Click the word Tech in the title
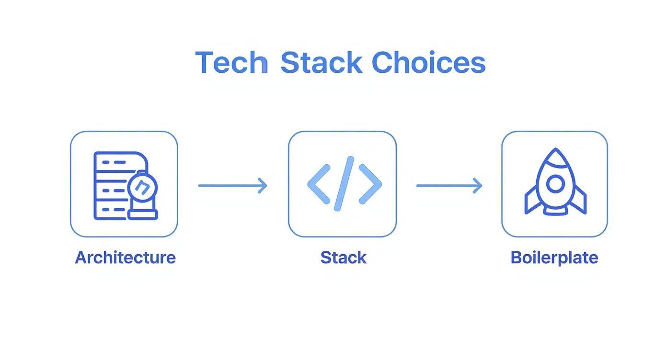pyautogui.click(x=231, y=63)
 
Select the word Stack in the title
pyautogui.click(x=321, y=63)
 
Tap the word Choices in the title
pyautogui.click(x=428, y=63)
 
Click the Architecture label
pyautogui.click(x=125, y=258)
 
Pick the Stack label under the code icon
pyautogui.click(x=343, y=258)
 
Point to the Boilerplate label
pyautogui.click(x=554, y=258)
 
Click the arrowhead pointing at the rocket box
pyautogui.click(x=478, y=186)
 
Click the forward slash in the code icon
pyautogui.click(x=344, y=184)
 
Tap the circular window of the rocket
pyautogui.click(x=555, y=184)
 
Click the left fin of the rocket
pyautogui.click(x=531, y=201)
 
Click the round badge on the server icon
pyautogui.click(x=141, y=187)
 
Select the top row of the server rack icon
pyautogui.click(x=115, y=162)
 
